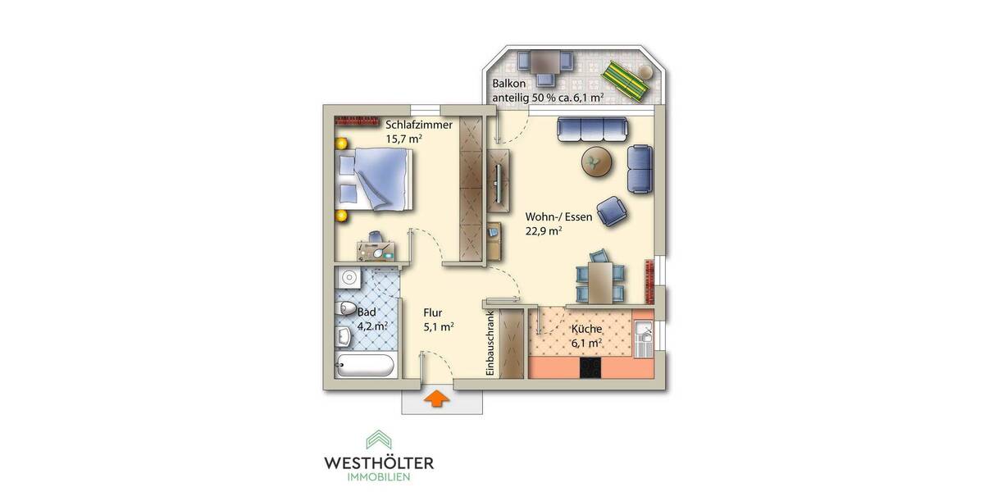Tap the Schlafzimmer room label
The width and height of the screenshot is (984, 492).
pos(419,125)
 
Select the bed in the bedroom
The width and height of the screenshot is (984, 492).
pos(376,178)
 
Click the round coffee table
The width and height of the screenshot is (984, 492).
pos(598,162)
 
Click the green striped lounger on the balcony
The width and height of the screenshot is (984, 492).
pos(626,78)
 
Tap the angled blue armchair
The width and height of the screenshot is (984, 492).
pos(613,212)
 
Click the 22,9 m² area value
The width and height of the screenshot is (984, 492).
pos(543,231)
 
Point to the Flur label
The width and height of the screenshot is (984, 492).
pos(433,312)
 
